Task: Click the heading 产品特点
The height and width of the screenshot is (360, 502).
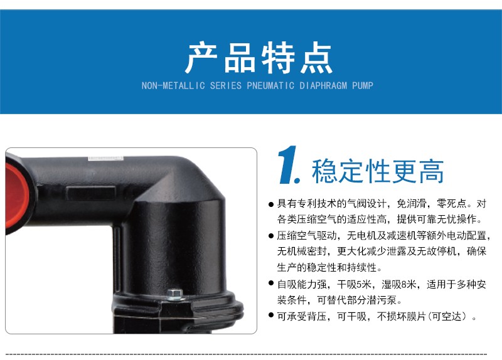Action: click(x=259, y=58)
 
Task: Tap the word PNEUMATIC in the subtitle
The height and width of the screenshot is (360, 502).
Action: click(x=270, y=86)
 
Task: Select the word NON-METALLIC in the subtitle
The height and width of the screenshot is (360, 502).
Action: click(x=173, y=86)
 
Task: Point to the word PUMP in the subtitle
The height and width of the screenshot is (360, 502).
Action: click(x=363, y=86)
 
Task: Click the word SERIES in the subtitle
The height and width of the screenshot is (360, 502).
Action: click(x=226, y=86)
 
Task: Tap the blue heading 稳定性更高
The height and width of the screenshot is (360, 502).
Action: click(x=378, y=171)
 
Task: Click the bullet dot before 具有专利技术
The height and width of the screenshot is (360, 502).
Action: click(x=271, y=204)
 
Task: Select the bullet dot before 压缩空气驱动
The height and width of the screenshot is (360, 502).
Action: click(x=271, y=236)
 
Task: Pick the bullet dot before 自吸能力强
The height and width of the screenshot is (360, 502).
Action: click(x=271, y=283)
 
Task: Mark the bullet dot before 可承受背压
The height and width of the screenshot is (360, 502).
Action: click(x=271, y=315)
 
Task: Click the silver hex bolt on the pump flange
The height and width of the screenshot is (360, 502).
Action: click(x=174, y=294)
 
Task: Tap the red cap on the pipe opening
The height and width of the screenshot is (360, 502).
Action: click(x=16, y=196)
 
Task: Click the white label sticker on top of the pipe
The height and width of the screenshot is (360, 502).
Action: click(x=105, y=159)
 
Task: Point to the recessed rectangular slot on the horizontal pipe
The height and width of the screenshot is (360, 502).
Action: click(x=90, y=193)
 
